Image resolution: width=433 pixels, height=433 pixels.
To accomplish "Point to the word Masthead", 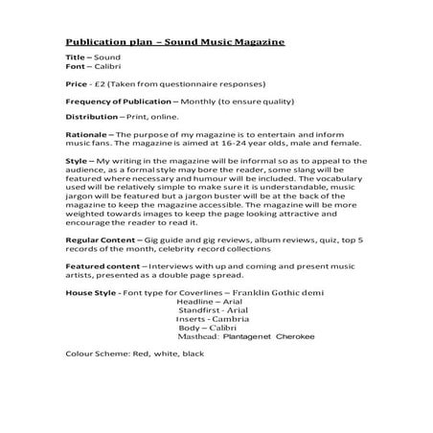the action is (x=200, y=336).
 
